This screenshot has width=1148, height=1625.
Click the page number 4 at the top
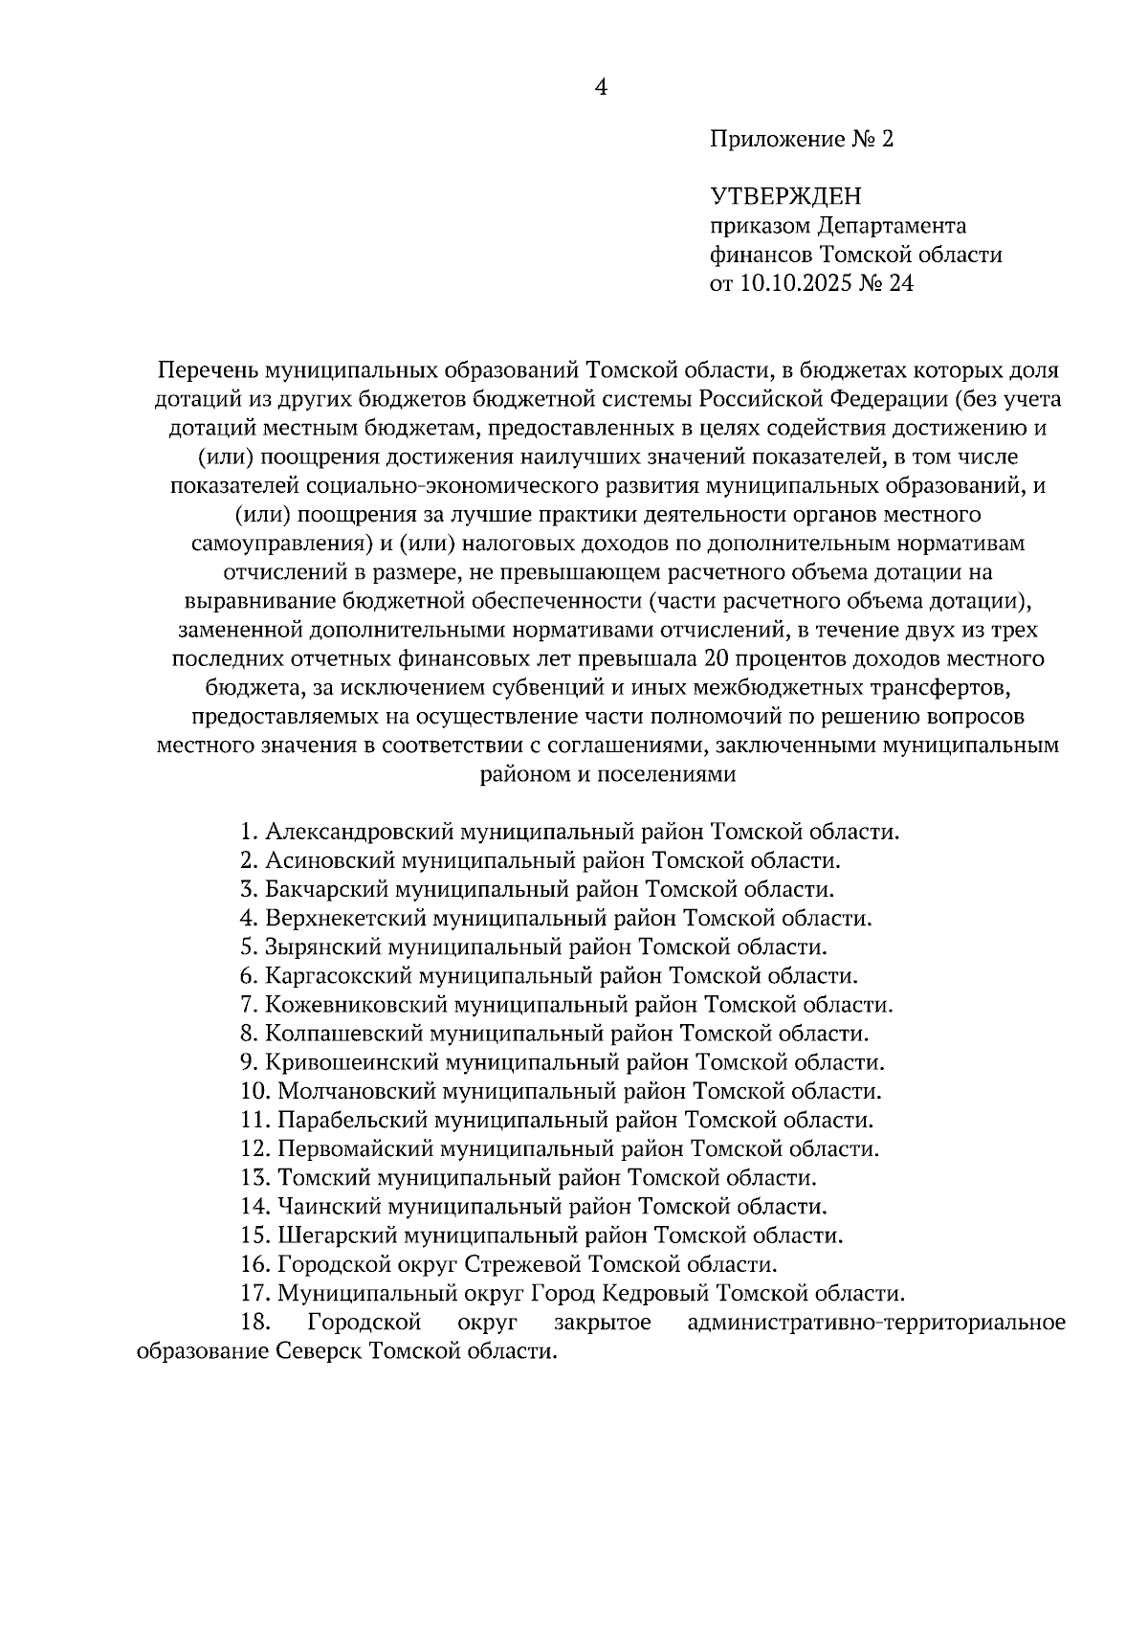coord(601,88)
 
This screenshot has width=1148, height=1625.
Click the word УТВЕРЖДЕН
coord(785,197)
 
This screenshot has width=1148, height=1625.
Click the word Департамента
coord(892,226)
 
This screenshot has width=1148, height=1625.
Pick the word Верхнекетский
coord(345,919)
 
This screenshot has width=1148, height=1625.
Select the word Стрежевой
coord(523,1264)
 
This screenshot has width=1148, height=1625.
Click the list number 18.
coord(256,1324)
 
